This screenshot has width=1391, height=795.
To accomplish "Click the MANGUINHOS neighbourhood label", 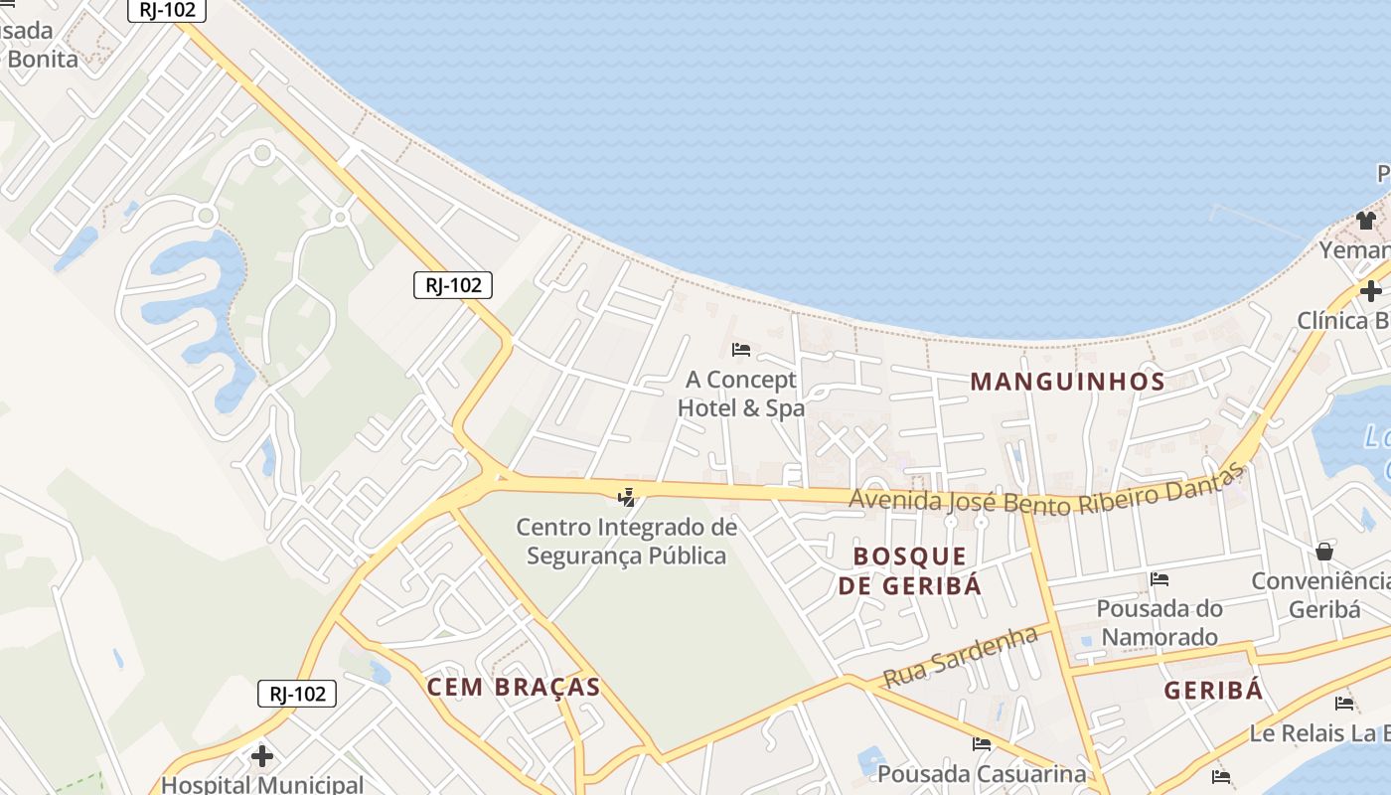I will (x=1067, y=381).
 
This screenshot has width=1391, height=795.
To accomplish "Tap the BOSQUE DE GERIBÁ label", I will (x=909, y=570).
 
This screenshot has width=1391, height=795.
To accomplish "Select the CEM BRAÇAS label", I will (x=514, y=687).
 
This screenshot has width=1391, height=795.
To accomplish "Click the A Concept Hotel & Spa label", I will (x=740, y=394).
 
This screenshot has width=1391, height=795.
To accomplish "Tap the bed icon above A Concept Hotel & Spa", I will (x=740, y=350).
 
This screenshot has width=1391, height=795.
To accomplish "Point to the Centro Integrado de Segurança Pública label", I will (x=627, y=541).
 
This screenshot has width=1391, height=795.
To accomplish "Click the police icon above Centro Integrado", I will (x=627, y=497).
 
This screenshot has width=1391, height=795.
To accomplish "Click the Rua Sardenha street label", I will (x=960, y=657).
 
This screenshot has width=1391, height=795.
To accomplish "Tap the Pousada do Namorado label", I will (x=1159, y=622).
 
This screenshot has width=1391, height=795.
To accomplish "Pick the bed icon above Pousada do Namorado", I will (x=1159, y=579).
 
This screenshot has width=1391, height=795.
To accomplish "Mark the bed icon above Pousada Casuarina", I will (x=982, y=744).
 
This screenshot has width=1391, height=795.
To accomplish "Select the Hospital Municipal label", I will (x=262, y=785).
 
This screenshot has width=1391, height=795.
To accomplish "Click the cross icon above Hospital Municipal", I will (x=262, y=756).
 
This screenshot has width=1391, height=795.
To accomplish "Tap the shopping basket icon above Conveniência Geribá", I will (x=1324, y=552).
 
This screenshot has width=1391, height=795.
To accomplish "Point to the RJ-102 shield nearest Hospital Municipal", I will (x=297, y=694).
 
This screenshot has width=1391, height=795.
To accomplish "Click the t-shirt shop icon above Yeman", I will (x=1366, y=221).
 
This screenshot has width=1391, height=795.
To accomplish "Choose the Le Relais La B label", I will (x=1319, y=733).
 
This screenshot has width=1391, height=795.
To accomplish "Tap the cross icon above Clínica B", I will (x=1371, y=291).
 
